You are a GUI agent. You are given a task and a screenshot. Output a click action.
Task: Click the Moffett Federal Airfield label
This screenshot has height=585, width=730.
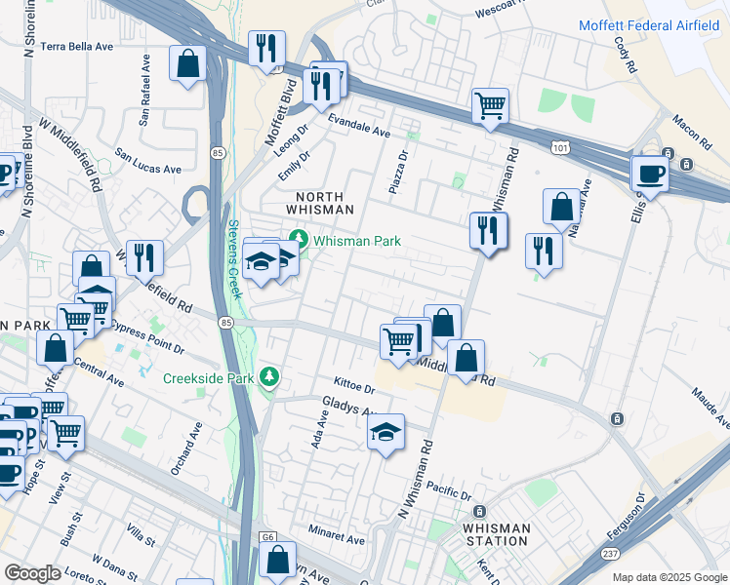point(653,25)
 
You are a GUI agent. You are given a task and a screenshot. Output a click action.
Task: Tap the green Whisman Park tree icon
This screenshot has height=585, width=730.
point(298,240)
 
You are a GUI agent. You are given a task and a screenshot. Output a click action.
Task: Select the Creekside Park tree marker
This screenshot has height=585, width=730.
point(270,377)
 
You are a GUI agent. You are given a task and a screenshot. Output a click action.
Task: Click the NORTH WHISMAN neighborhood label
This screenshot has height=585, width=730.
point(318,203)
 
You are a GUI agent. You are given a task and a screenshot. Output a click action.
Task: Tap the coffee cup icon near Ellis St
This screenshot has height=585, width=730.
point(650,175)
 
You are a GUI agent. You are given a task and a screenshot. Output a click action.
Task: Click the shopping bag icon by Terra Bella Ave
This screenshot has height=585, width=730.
point(187,65)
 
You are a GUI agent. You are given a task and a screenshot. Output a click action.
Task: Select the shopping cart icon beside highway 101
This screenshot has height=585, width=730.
point(490,106)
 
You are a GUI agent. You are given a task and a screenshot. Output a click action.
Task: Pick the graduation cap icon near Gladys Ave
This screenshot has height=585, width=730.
point(386,431)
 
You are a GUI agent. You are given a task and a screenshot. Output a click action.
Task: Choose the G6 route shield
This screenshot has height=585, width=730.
point(267,537)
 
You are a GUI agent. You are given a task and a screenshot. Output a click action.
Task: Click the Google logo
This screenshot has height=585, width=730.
point(32,573)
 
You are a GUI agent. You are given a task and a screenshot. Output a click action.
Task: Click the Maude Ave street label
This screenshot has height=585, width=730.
point(710,408)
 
